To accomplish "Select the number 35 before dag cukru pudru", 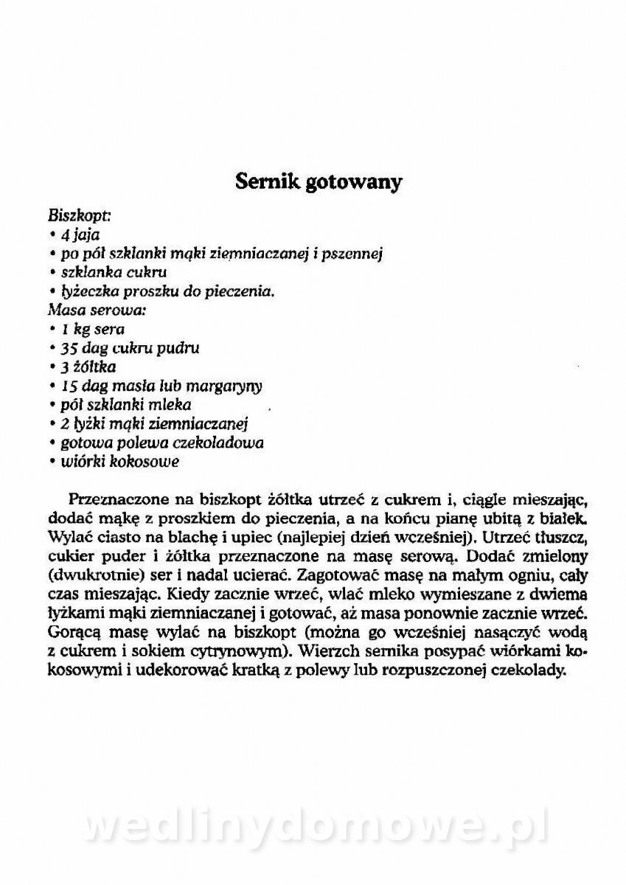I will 69,348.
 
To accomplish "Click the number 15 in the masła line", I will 69,386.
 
